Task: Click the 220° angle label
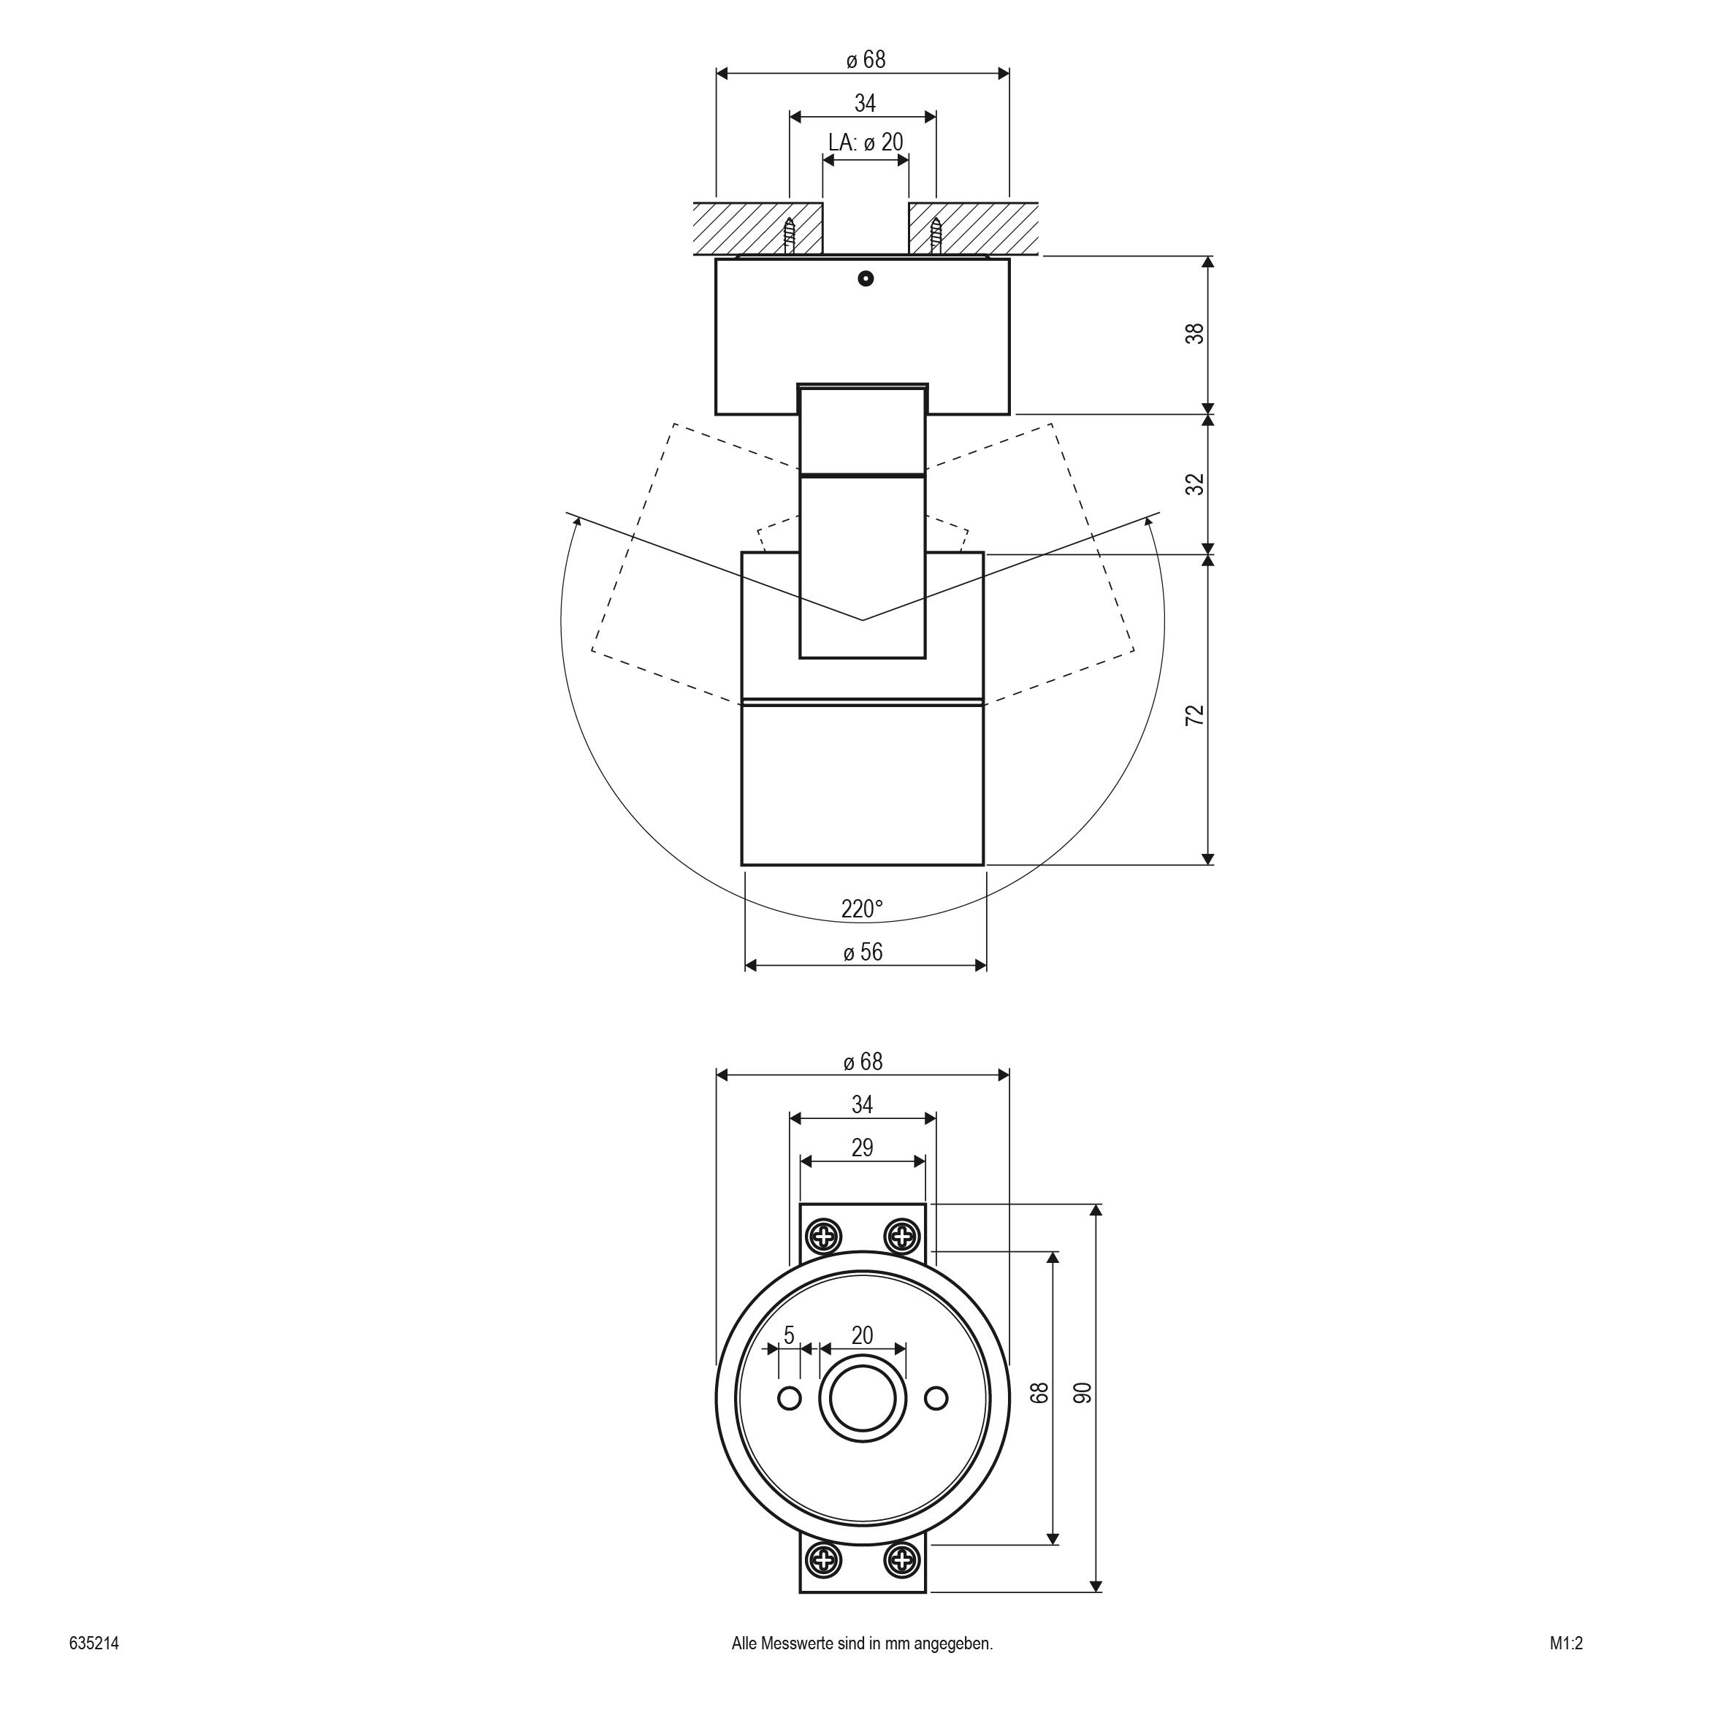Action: (862, 909)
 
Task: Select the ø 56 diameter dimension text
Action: (863, 952)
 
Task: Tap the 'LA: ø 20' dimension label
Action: (866, 142)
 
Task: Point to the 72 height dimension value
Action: (1195, 714)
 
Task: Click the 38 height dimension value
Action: (1195, 333)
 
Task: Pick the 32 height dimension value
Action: (1195, 484)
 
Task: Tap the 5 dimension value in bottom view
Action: (789, 1334)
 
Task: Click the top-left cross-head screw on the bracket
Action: (822, 1237)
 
